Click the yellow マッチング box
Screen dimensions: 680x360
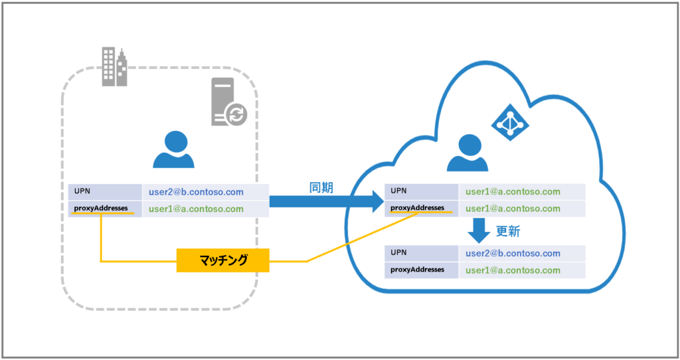pos(223,260)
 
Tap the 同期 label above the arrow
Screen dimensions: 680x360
pos(321,188)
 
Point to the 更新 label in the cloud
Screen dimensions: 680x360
pos(508,232)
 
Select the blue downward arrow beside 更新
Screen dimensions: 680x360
pos(479,230)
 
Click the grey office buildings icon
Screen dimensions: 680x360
pos(114,66)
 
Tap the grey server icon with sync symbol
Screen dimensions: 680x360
pos(228,102)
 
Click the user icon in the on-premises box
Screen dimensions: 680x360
pos(173,149)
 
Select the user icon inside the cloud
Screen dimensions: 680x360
pos(467,153)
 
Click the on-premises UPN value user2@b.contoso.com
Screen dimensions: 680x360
pos(196,192)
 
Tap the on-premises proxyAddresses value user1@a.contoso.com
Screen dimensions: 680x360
pos(196,209)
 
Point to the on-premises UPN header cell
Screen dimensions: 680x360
pos(105,192)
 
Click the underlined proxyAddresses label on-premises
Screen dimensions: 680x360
pos(101,208)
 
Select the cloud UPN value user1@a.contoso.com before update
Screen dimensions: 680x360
pos(513,192)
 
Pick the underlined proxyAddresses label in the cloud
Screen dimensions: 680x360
pos(417,208)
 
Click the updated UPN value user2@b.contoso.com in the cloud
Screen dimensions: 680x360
pos(513,253)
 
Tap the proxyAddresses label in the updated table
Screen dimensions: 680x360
pos(417,270)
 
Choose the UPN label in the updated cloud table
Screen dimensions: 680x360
pos(398,252)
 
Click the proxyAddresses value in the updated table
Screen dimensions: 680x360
pos(513,270)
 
